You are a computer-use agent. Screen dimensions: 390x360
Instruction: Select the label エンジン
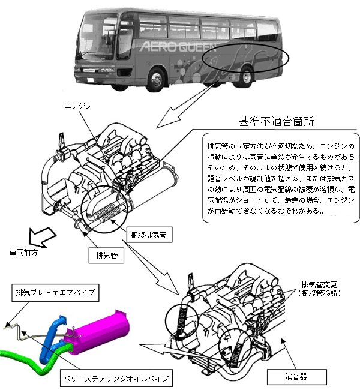coord(79,106)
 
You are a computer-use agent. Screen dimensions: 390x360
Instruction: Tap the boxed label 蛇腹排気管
coord(151,236)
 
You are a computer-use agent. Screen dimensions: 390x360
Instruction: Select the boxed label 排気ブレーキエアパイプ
coord(56,293)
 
